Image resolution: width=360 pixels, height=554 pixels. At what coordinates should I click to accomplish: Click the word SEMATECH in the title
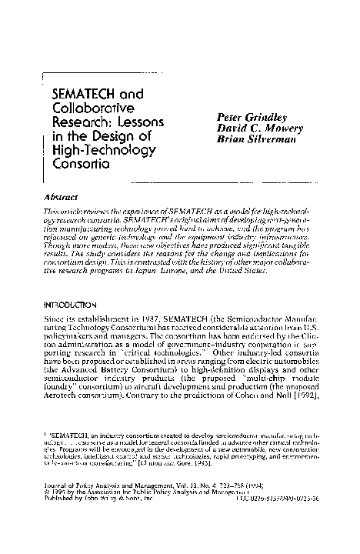click(83, 95)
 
